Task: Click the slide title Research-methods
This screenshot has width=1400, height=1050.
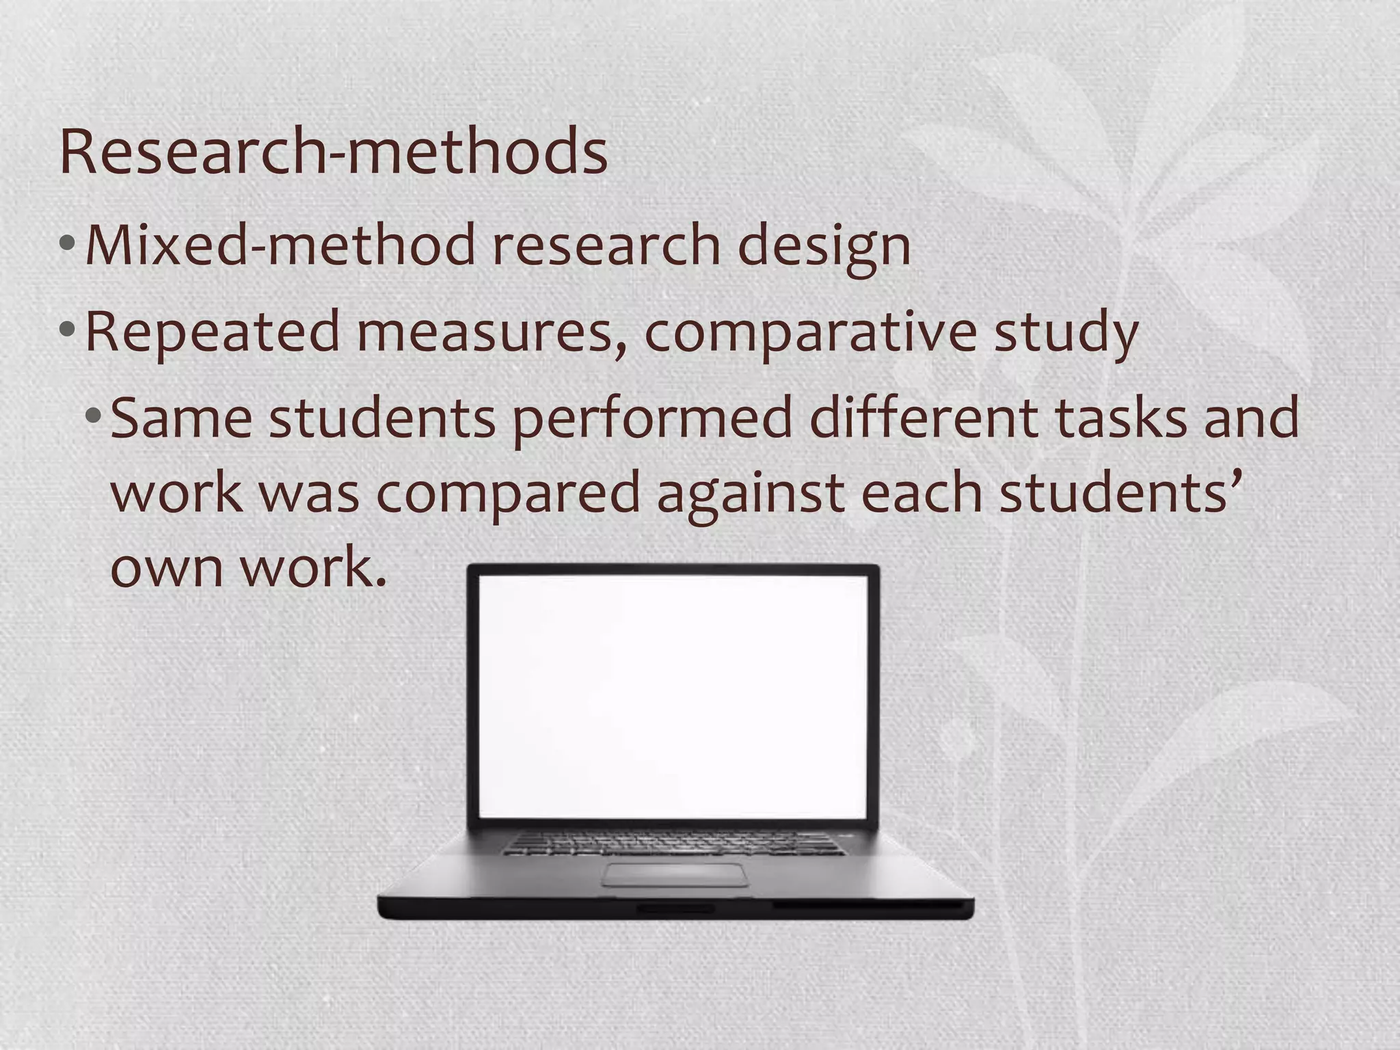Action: pos(334,152)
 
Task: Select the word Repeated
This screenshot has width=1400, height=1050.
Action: pos(212,332)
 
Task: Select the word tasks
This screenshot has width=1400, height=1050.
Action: pos(1121,418)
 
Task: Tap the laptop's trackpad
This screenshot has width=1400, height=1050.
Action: pos(675,874)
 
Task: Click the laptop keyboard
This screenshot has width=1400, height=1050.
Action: pos(673,842)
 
